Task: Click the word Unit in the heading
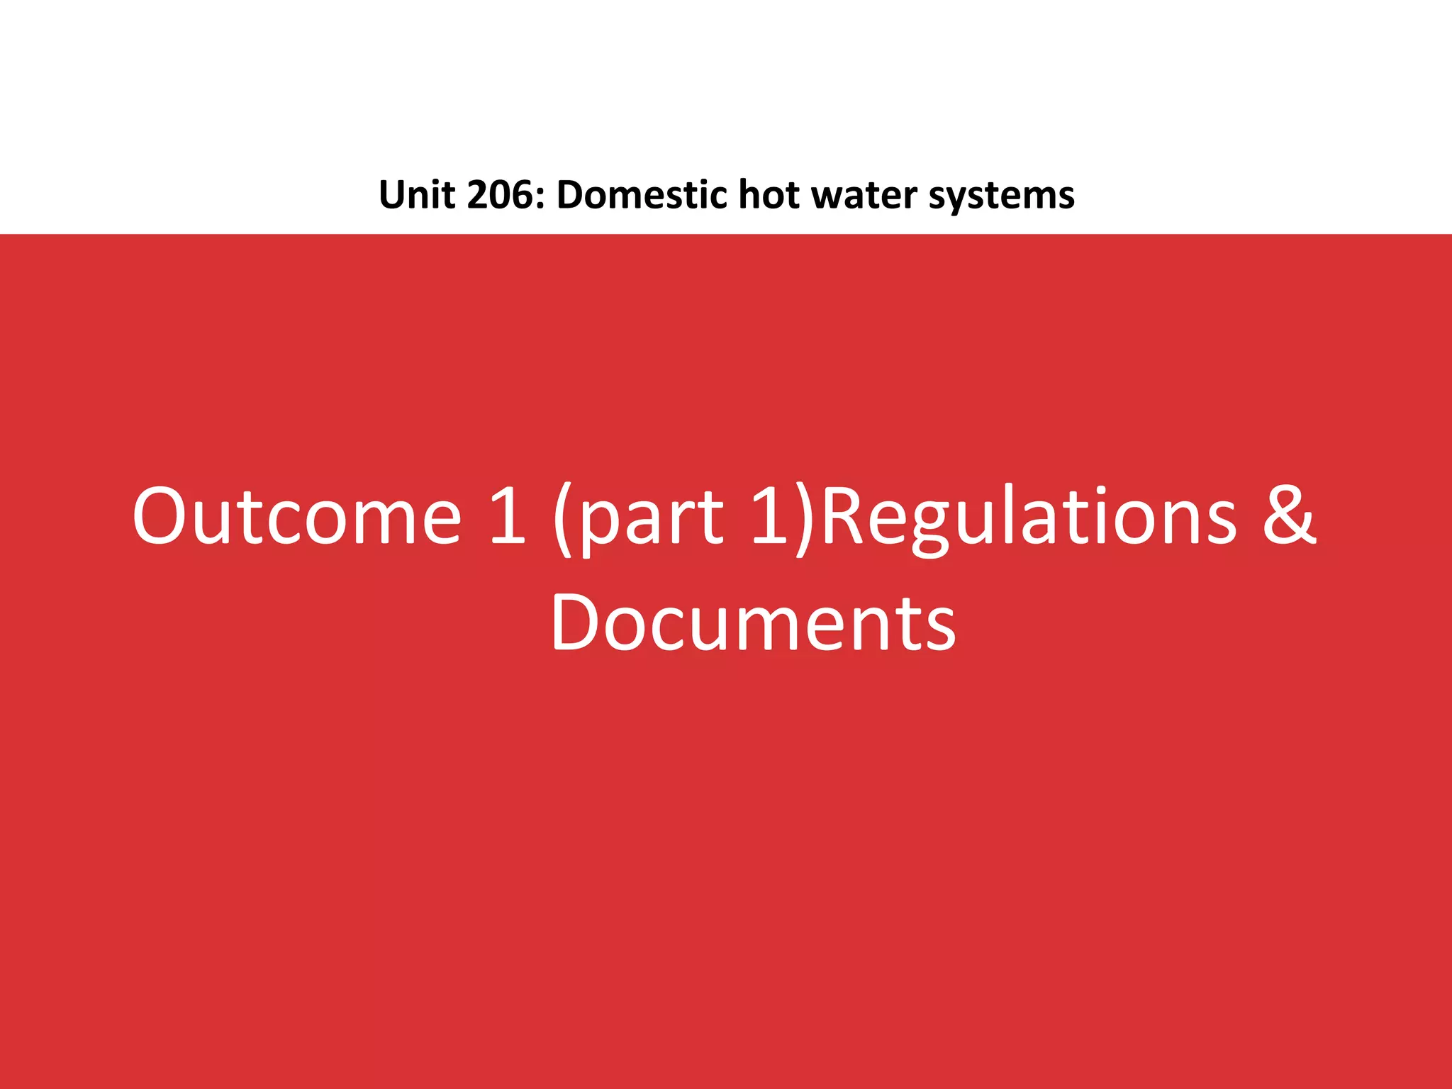point(415,195)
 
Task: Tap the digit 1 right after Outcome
point(508,517)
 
